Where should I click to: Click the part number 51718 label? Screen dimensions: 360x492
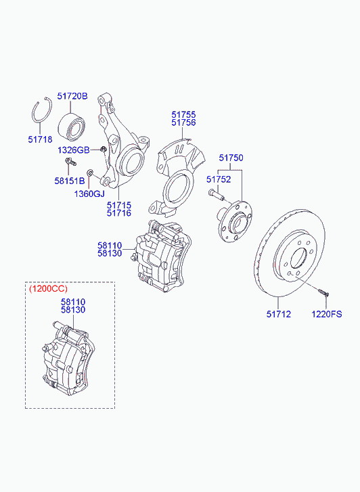(x=40, y=139)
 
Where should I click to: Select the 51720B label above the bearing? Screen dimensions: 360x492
(x=72, y=96)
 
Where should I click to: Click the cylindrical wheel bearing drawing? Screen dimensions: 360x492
(x=72, y=127)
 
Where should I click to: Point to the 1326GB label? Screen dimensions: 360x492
(x=74, y=150)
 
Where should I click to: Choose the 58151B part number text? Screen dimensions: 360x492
(x=70, y=181)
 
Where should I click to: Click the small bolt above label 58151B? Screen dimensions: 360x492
(x=70, y=162)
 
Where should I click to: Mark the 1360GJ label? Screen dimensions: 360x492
(x=89, y=194)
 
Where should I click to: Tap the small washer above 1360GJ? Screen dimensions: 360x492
(x=90, y=172)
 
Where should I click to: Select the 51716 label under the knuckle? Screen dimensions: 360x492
(x=119, y=213)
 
